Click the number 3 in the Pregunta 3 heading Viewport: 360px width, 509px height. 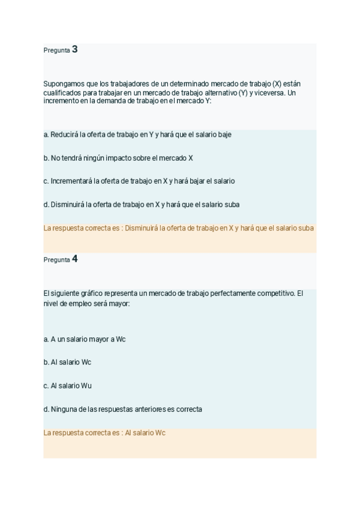point(74,50)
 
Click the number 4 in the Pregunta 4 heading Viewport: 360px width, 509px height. point(74,259)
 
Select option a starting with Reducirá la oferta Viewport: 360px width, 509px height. point(137,134)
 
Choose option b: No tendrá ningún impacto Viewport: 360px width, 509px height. point(118,158)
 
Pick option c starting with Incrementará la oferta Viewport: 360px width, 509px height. point(139,181)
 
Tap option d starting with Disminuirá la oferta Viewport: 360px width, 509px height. point(142,205)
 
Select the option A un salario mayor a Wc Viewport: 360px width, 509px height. point(85,339)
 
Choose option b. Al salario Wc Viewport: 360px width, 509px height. point(67,363)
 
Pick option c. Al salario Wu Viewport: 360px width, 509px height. point(67,386)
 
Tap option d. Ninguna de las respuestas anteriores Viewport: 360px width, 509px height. point(122,409)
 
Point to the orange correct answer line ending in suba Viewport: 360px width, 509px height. point(179,228)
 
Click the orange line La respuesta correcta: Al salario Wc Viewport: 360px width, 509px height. point(104,433)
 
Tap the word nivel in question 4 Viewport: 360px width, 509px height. point(51,304)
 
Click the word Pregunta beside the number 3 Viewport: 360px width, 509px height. point(56,50)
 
